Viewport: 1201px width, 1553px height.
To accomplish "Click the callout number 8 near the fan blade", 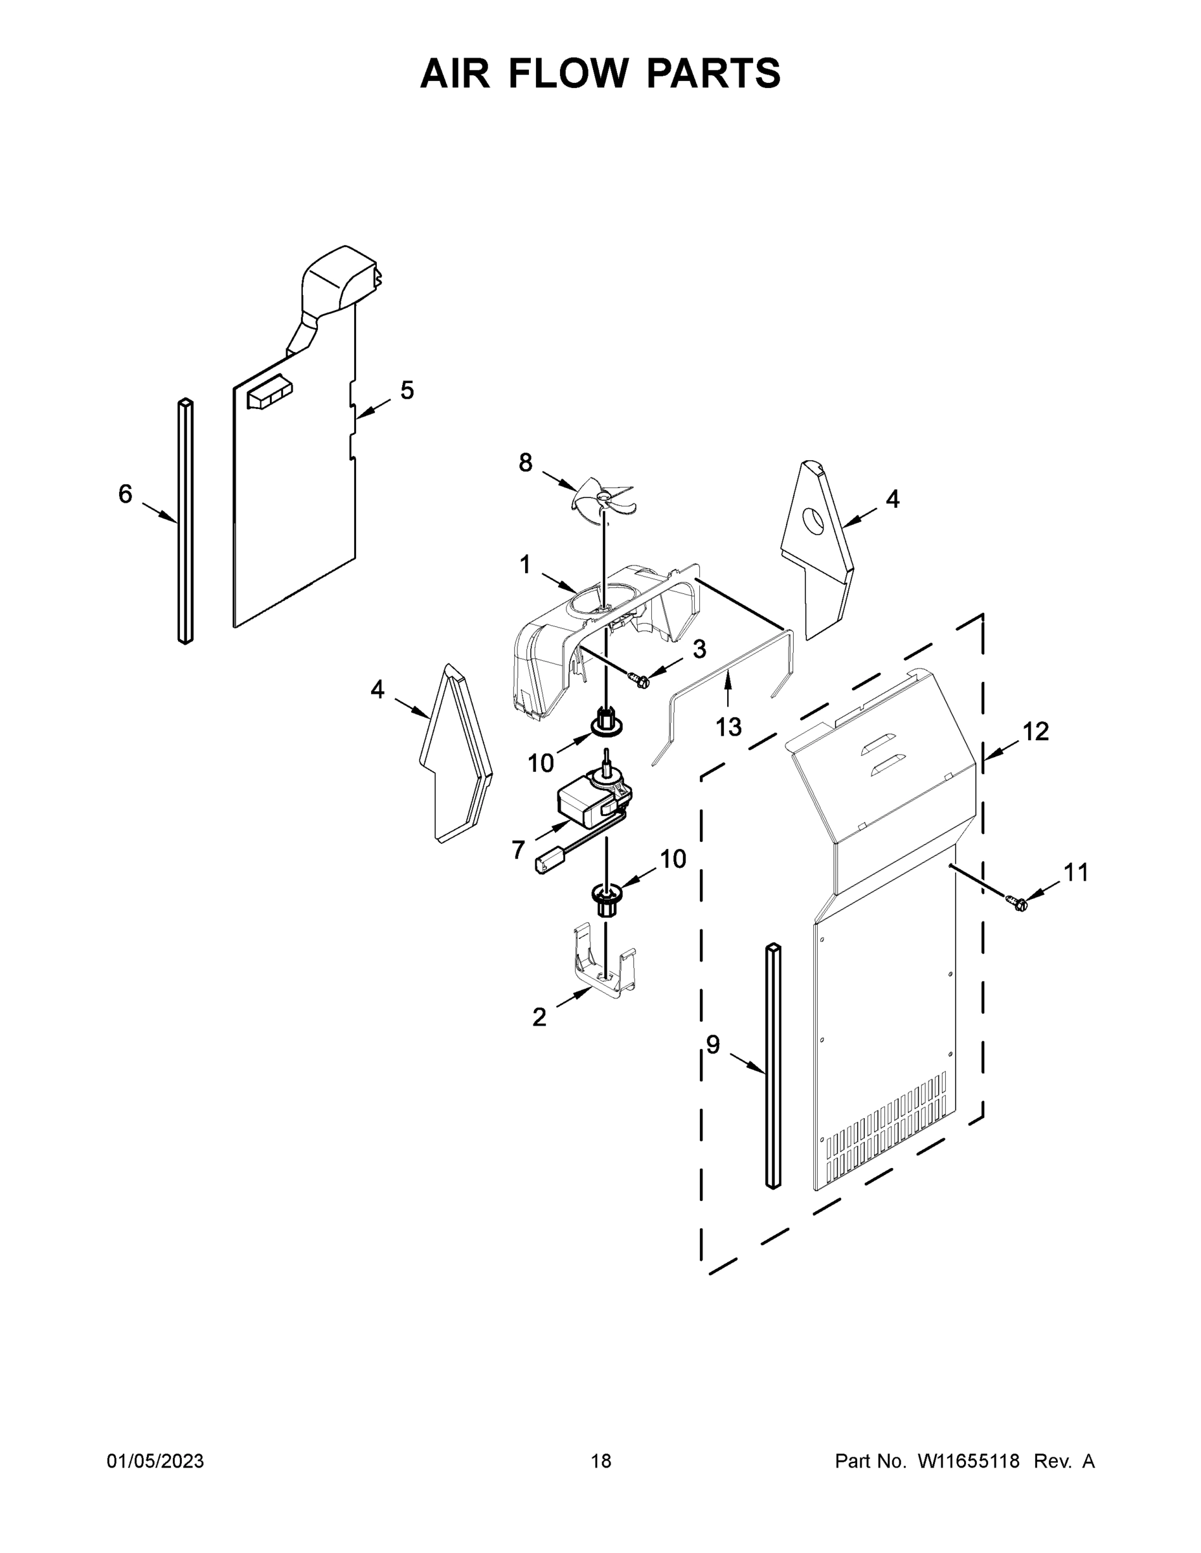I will (x=525, y=463).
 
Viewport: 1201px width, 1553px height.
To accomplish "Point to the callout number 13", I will (x=728, y=727).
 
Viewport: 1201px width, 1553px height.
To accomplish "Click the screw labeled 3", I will (x=640, y=681).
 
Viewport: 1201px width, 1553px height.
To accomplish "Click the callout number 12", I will (x=1036, y=731).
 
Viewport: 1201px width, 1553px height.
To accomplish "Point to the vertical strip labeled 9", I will (x=772, y=1066).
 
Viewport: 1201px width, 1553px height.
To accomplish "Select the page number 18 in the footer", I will (x=601, y=1462).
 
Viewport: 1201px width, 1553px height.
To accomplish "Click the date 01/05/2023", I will (x=155, y=1462).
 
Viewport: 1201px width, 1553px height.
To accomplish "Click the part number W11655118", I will (x=969, y=1462).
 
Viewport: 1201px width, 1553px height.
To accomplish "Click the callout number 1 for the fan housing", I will (x=524, y=566).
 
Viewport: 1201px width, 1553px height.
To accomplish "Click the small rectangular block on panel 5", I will (x=269, y=393).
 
